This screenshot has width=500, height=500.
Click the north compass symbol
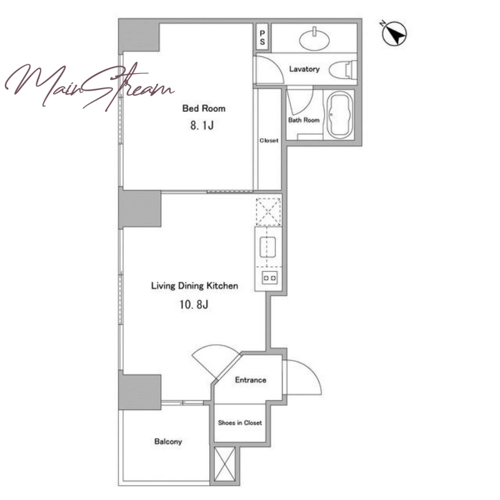(x=394, y=34)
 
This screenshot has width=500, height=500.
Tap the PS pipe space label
(x=262, y=37)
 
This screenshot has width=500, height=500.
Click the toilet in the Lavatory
(x=343, y=69)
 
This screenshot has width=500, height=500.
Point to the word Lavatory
(x=304, y=69)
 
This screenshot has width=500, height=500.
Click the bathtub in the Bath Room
(x=340, y=115)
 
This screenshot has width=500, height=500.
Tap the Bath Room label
(x=304, y=120)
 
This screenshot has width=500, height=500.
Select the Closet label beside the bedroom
(x=269, y=140)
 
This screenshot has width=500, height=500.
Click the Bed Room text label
(x=204, y=108)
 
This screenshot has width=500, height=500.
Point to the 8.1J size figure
(x=202, y=126)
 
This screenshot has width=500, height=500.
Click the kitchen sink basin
(x=268, y=247)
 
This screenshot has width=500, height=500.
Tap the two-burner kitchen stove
(x=269, y=277)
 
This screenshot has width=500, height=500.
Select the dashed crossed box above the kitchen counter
(x=269, y=211)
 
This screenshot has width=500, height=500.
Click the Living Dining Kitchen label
(x=194, y=286)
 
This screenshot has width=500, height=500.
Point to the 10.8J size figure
(x=194, y=304)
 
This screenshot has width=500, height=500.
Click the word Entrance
(x=251, y=380)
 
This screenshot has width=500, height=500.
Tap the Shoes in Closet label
(x=240, y=423)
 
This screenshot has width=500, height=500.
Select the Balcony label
(x=168, y=442)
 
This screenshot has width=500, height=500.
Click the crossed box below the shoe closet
(x=225, y=464)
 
